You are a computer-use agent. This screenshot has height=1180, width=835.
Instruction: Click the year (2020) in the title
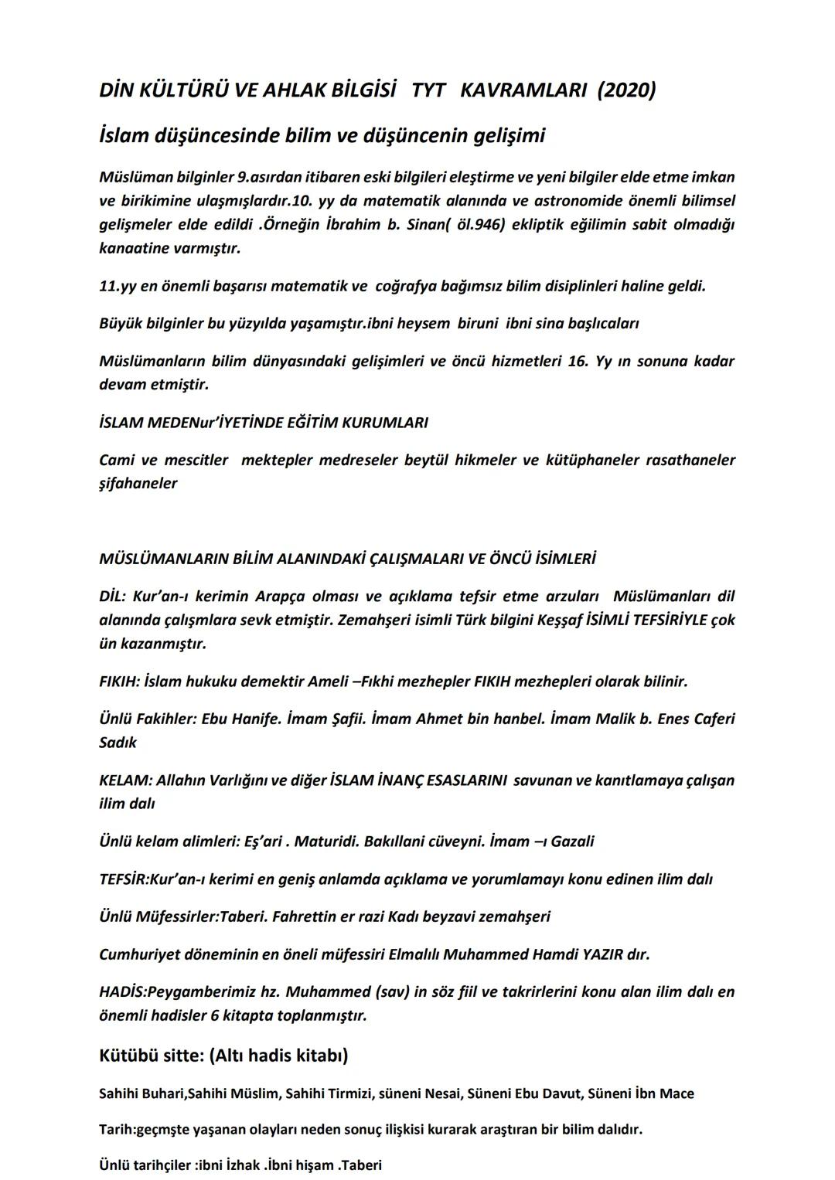[626, 90]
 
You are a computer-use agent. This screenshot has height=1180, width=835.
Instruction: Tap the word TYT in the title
[428, 90]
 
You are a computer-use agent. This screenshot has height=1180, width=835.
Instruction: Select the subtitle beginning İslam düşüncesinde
[322, 136]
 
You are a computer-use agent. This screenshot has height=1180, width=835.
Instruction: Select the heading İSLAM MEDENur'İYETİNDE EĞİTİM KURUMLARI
[264, 423]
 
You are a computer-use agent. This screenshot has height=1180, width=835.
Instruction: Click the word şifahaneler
[138, 484]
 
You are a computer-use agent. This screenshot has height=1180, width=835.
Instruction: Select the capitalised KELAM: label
[124, 780]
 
